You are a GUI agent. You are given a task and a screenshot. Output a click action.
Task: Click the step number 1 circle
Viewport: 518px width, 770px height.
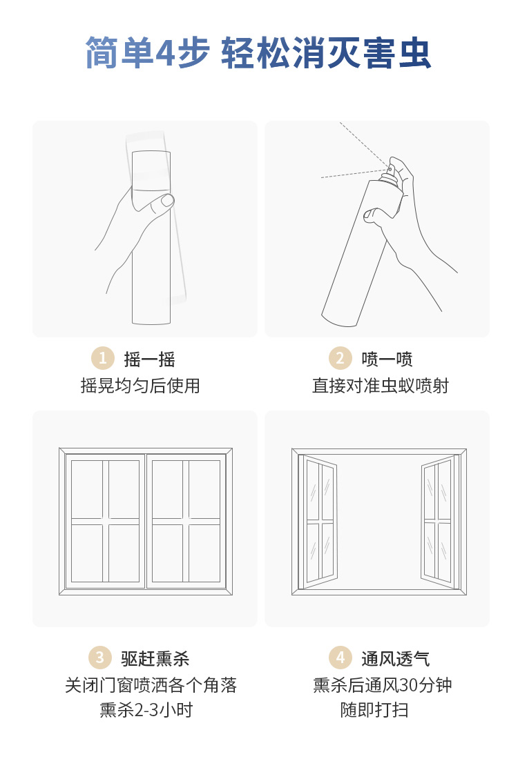coord(103,358)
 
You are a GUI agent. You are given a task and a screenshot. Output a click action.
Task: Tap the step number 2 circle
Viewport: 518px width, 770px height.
coord(340,358)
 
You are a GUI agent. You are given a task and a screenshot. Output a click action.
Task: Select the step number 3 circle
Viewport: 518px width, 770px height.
coord(99,657)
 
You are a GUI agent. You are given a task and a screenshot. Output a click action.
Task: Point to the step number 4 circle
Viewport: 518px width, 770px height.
coord(340,657)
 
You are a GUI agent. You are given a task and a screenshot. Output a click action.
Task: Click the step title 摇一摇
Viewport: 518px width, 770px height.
coord(149,359)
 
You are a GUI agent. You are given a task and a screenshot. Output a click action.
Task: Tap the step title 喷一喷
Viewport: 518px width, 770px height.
coord(387,359)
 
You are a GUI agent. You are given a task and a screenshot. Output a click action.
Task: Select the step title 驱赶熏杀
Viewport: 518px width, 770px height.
coord(155,658)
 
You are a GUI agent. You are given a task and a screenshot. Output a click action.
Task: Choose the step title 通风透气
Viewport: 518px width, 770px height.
coord(395,658)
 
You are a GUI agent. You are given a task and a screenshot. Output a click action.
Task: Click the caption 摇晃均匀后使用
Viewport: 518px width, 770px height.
coord(140,386)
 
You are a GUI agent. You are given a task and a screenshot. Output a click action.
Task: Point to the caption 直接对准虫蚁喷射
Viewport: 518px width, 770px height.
coord(381,386)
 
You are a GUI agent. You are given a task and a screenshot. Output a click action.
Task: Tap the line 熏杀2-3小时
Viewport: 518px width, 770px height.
coord(146,709)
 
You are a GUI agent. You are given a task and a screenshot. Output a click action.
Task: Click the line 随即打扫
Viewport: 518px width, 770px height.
coord(374,709)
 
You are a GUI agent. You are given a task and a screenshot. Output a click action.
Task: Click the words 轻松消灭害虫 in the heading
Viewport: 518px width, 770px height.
coord(326,52)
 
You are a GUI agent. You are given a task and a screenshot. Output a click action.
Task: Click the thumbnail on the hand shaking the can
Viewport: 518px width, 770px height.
coord(168,200)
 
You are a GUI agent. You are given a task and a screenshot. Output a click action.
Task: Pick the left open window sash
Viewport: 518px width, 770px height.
coord(318,522)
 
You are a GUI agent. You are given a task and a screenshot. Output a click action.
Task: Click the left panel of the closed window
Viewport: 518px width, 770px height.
coord(105,521)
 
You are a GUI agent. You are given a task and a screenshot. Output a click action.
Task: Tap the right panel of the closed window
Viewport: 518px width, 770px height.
coord(186,521)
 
